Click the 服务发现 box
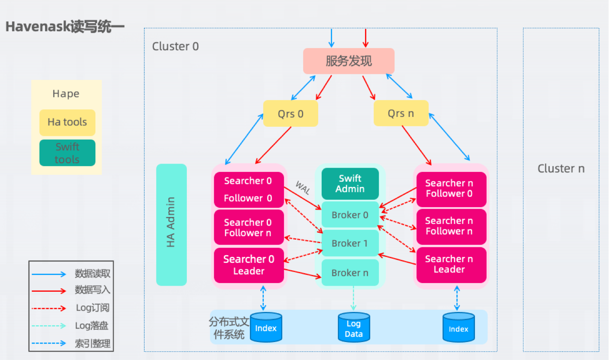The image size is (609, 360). pos(349,61)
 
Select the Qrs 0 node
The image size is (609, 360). pos(290,113)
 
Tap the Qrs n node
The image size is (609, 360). pos(401,113)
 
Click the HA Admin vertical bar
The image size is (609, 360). pos(171,224)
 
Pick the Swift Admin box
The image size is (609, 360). pos(350,184)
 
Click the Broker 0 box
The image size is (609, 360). pos(350,215)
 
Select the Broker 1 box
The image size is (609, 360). pos(350,243)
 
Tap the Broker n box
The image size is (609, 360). pos(350,273)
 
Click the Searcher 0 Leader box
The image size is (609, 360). pos(249,265)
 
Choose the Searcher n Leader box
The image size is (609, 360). pos(451,264)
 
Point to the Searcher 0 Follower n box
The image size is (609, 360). pos(249,228)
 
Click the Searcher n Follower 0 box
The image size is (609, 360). pos(451,189)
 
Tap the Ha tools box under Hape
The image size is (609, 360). pos(67,122)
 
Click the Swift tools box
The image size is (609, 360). pos(67,153)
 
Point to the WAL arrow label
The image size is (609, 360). pos(302,187)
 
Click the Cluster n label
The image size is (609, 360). pos(561,169)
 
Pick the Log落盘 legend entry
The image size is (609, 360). pos(91,326)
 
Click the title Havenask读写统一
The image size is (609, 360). pos(65,27)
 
